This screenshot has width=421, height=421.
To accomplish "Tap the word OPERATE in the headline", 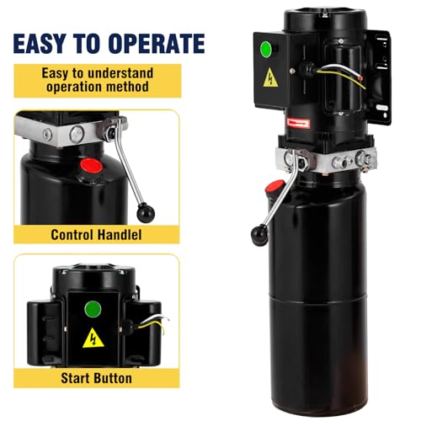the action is [x=157, y=44].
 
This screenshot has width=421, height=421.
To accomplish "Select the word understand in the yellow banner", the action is [x=120, y=73].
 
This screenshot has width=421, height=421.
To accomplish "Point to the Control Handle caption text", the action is [x=96, y=235].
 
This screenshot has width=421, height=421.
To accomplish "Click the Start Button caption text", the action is [x=96, y=378].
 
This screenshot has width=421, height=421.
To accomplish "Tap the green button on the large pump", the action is [x=266, y=48].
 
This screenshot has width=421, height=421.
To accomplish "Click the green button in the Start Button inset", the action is [x=93, y=309].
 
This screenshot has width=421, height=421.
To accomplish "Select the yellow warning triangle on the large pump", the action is [x=270, y=77].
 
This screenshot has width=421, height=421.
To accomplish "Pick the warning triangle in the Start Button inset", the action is [x=93, y=338].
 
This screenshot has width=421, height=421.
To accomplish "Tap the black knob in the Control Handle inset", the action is [x=146, y=212].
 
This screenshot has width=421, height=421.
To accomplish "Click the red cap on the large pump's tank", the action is [x=274, y=186].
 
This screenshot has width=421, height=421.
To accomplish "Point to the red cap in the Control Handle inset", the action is [x=91, y=166].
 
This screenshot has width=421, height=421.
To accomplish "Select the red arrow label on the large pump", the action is [x=298, y=124].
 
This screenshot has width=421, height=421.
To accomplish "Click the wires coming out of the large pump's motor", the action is [x=342, y=74].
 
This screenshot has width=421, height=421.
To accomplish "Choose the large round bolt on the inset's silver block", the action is [x=77, y=134].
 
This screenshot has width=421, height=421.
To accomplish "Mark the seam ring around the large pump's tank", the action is [x=318, y=296].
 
